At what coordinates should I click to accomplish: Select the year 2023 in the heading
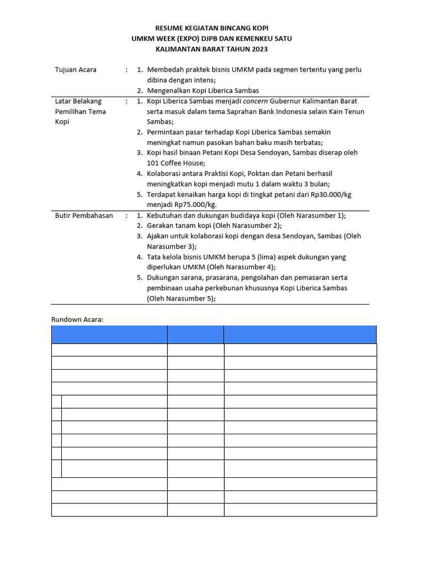(x=258, y=49)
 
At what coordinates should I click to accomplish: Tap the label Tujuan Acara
(x=76, y=70)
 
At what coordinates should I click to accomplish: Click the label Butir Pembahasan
(x=84, y=215)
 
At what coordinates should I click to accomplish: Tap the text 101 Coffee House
(x=176, y=163)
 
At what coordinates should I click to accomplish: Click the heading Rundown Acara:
(x=77, y=319)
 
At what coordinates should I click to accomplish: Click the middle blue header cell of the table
(x=195, y=334)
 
